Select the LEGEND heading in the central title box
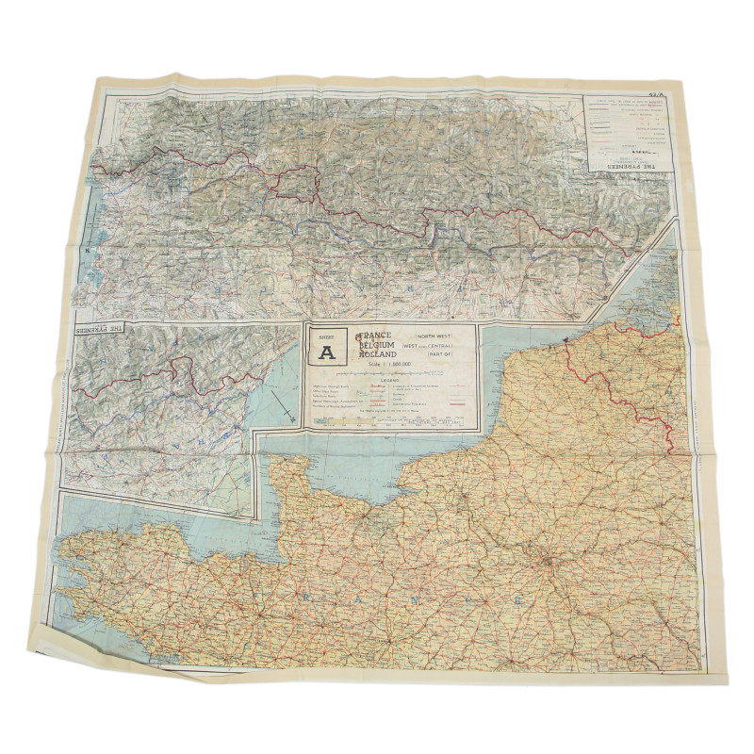click(x=390, y=381)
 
